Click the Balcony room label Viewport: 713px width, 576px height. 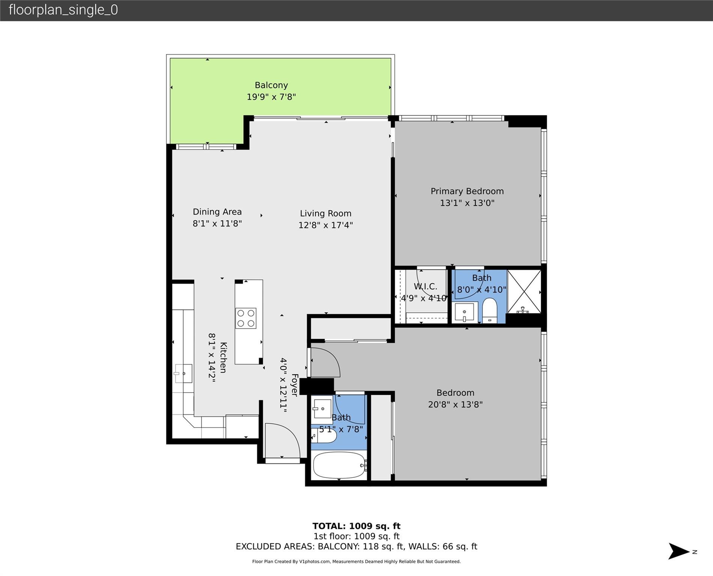click(271, 85)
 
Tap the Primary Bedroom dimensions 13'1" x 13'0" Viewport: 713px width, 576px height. click(467, 203)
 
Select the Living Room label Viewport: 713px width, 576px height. click(325, 213)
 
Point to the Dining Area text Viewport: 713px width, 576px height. click(217, 212)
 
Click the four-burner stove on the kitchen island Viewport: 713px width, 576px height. click(246, 318)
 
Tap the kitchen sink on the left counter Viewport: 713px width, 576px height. click(183, 373)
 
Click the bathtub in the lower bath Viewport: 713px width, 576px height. click(339, 465)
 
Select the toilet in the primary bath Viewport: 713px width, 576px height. click(489, 310)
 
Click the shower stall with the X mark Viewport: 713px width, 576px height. click(524, 292)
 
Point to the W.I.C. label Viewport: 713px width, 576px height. click(425, 286)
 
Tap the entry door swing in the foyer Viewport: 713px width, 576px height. click(281, 441)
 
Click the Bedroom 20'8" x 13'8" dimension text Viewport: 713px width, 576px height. click(455, 405)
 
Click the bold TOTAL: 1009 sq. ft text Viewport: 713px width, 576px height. click(356, 526)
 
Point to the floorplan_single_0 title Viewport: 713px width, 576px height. click(63, 10)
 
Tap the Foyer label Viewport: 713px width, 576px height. click(295, 385)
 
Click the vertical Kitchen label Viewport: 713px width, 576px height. click(223, 357)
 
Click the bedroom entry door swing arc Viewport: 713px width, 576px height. click(325, 362)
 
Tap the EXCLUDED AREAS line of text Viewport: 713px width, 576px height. click(356, 547)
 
